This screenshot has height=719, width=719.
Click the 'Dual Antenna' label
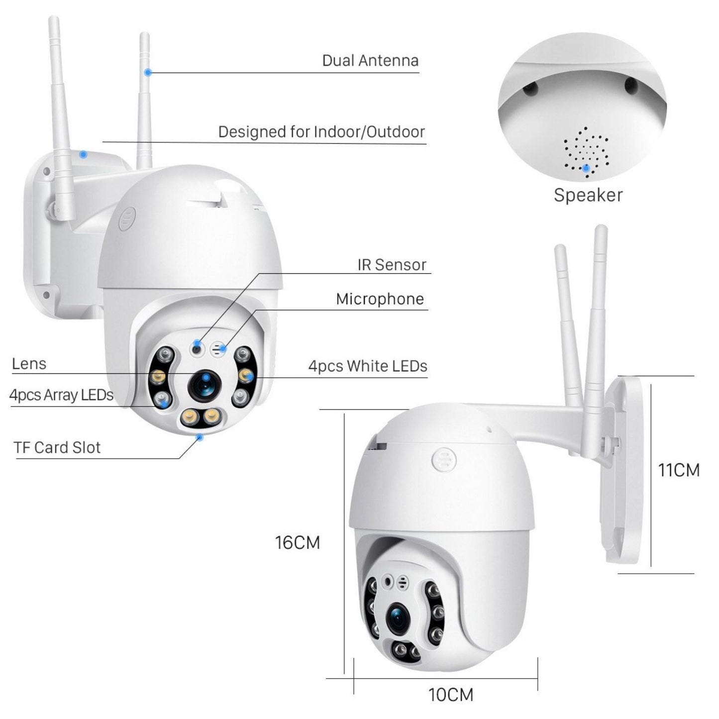pyautogui.click(x=370, y=61)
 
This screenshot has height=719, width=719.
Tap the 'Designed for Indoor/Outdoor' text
pyautogui.click(x=321, y=132)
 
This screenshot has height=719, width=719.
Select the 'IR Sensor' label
pyautogui.click(x=392, y=265)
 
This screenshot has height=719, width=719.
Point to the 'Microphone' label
pyautogui.click(x=380, y=299)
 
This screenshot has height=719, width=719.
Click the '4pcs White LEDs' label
pyautogui.click(x=368, y=366)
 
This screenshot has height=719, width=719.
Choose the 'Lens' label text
pyautogui.click(x=29, y=364)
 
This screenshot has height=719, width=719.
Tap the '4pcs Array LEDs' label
pyautogui.click(x=61, y=395)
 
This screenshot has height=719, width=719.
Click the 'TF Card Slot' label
pyautogui.click(x=57, y=447)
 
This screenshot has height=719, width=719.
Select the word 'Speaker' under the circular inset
pyautogui.click(x=588, y=195)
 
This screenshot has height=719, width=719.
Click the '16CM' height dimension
pyautogui.click(x=297, y=542)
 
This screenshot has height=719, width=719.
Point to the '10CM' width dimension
pyautogui.click(x=451, y=695)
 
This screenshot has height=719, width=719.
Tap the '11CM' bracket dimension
pyautogui.click(x=678, y=470)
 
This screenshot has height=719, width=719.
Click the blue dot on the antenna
pyautogui.click(x=147, y=73)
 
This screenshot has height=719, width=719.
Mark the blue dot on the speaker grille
pyautogui.click(x=587, y=168)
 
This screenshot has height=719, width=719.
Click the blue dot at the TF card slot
pyautogui.click(x=200, y=437)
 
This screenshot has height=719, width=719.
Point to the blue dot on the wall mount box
pyautogui.click(x=84, y=154)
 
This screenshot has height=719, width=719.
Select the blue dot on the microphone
pyautogui.click(x=223, y=348)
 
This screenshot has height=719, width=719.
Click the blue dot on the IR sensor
pyautogui.click(x=198, y=343)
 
